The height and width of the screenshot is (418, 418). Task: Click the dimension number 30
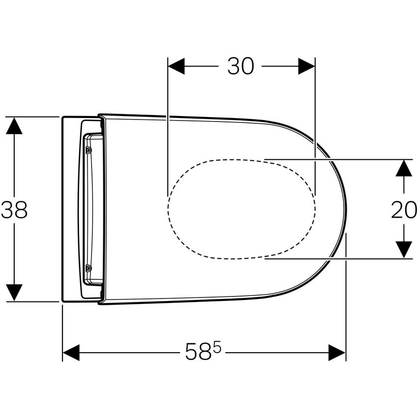(240, 66)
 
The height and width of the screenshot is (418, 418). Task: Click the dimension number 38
(14, 210)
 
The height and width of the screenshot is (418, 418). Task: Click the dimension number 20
(404, 210)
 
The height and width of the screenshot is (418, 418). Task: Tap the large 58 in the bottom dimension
(198, 352)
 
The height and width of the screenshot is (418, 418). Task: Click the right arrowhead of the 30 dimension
(306, 66)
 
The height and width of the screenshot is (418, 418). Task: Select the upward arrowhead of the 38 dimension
(14, 126)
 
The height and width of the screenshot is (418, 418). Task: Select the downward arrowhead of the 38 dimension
(14, 293)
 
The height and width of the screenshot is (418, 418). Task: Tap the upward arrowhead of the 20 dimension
(404, 168)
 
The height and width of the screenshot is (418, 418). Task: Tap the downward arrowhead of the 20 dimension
(404, 249)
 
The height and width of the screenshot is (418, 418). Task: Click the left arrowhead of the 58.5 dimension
(71, 352)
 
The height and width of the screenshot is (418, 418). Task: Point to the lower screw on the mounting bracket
(88, 268)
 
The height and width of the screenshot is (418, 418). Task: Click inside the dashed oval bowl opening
(241, 209)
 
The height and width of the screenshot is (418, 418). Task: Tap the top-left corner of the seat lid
(100, 117)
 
